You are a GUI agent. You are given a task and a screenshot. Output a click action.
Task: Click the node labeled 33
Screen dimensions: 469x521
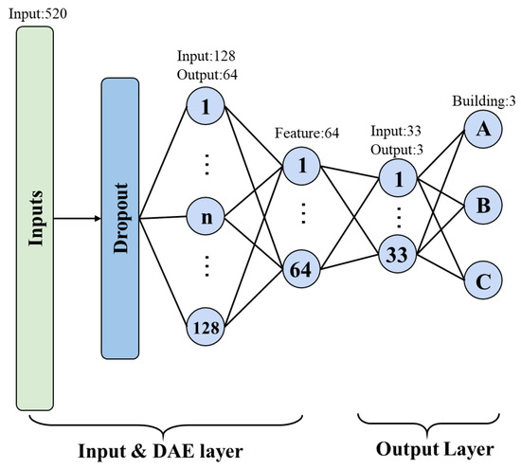tap(397, 253)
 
